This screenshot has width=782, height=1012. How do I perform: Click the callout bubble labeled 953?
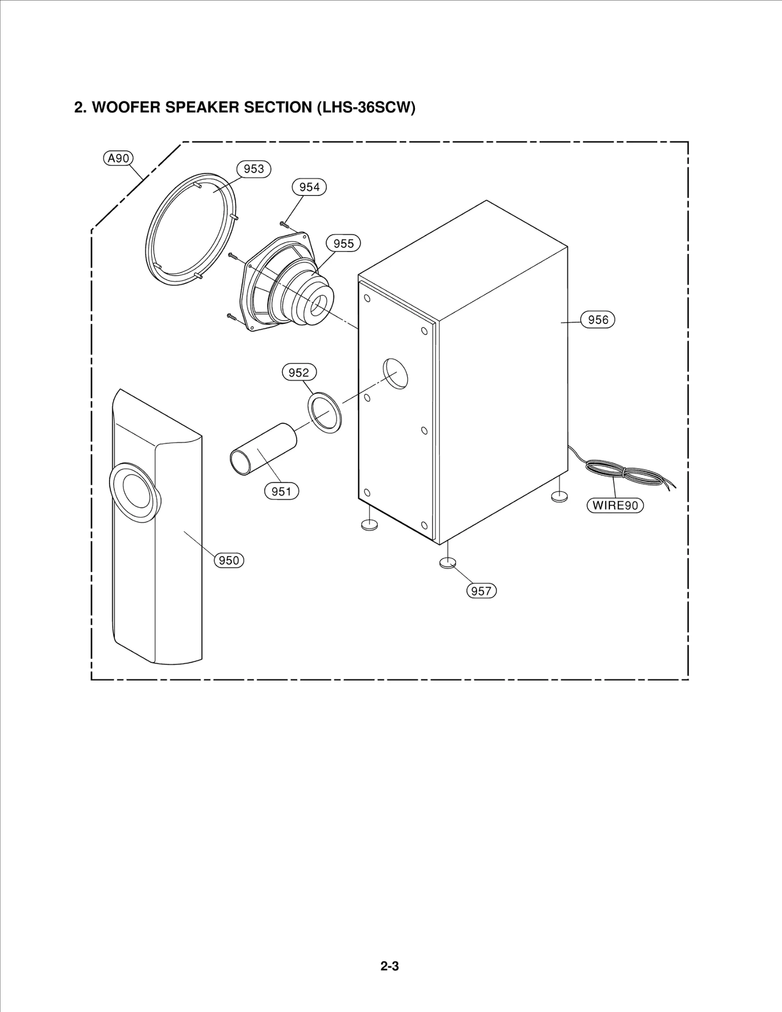[254, 169]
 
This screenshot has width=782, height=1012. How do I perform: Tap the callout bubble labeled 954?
[309, 187]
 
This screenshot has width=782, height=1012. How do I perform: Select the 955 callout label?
[343, 243]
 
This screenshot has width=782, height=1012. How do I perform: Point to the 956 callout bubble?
[597, 320]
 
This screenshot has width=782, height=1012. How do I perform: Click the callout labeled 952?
[299, 373]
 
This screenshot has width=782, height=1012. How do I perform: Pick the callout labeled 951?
[282, 491]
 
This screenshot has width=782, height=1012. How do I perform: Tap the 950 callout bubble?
[229, 560]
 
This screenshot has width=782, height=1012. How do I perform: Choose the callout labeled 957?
[481, 591]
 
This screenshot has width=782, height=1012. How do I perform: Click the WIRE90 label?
[615, 505]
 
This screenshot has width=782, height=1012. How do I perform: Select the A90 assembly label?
[118, 158]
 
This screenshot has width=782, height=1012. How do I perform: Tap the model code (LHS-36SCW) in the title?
[366, 108]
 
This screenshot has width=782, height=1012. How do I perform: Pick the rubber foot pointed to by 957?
[447, 563]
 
